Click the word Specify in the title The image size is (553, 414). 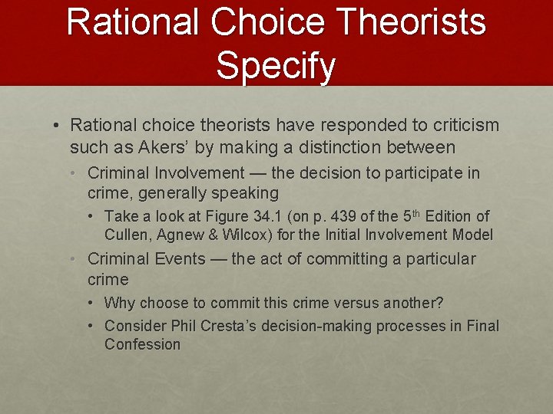point(276,66)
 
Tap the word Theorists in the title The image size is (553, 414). point(410,21)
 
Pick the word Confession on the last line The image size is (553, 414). point(142,344)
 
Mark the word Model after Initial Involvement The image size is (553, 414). point(470,235)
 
